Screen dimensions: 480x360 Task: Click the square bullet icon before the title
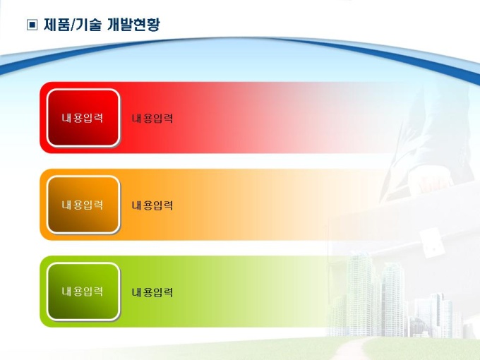tap(32, 25)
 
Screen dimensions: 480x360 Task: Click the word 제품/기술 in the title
tap(72, 25)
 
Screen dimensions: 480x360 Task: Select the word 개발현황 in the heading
tap(133, 25)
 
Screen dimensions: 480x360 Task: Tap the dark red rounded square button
tap(83, 118)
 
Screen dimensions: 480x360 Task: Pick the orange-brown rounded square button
tap(83, 205)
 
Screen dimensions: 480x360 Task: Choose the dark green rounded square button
tap(83, 292)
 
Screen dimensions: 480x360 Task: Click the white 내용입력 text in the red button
tap(83, 118)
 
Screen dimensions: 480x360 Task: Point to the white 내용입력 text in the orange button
tap(83, 205)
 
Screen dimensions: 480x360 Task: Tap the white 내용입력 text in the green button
tap(83, 292)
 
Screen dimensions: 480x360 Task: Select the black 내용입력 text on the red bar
tap(152, 119)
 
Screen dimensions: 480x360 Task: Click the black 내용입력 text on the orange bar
tap(152, 205)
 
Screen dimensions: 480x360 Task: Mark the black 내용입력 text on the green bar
tap(152, 292)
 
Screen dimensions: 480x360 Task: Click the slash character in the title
tap(72, 25)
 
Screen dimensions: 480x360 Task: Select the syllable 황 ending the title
tap(153, 25)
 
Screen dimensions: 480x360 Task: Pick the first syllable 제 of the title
tap(50, 25)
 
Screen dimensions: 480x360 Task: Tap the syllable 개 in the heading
tap(114, 25)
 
